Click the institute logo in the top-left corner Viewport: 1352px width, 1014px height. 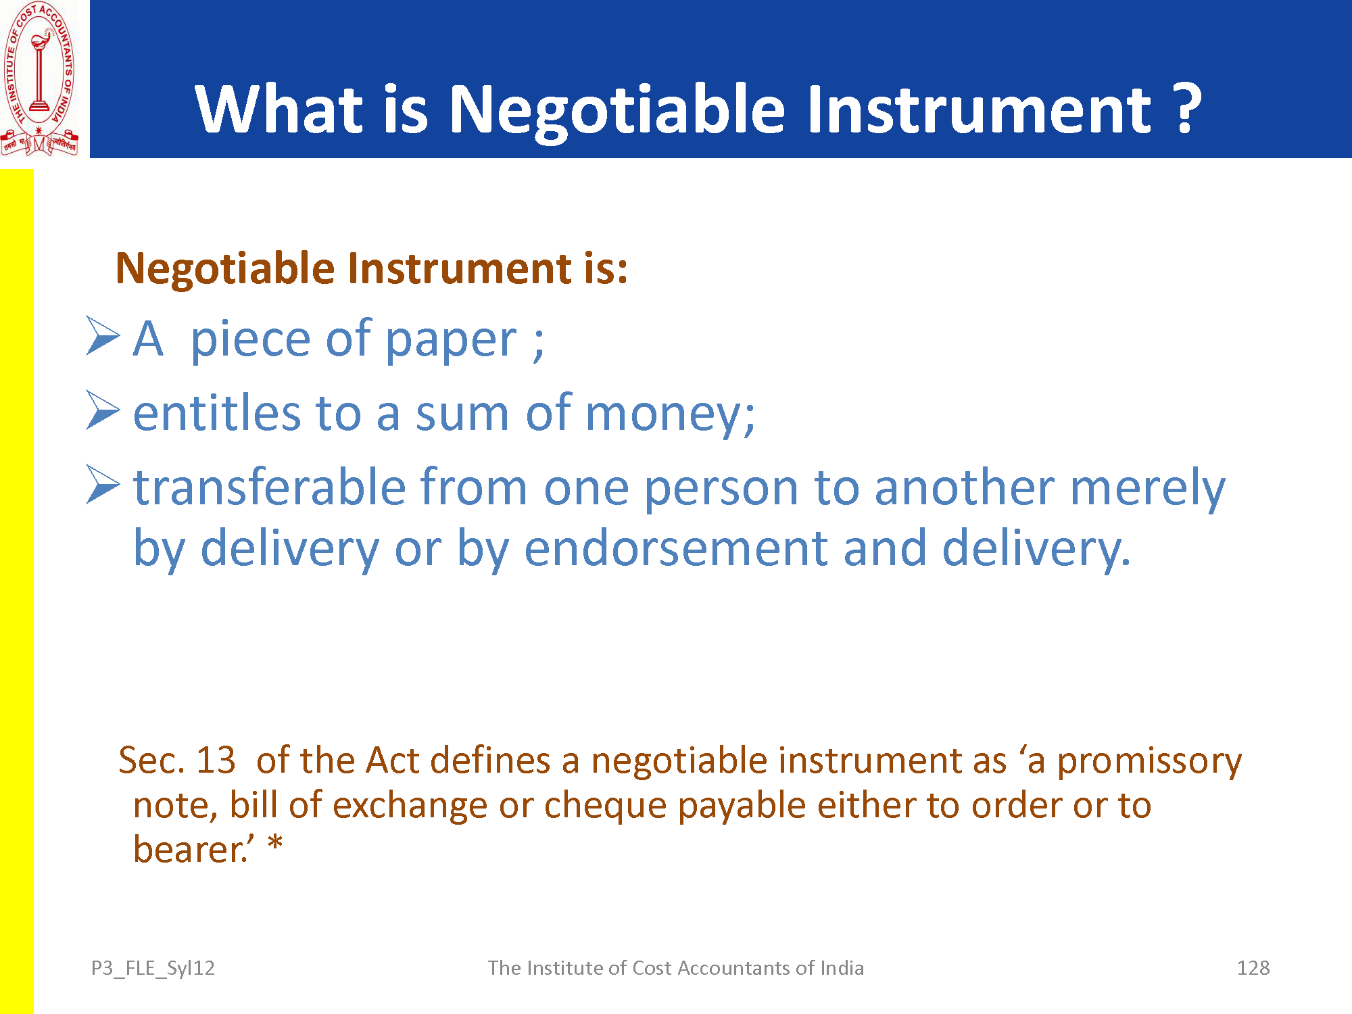(x=39, y=78)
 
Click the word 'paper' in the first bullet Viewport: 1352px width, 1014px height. (x=451, y=342)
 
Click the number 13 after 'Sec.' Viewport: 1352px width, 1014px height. (x=215, y=760)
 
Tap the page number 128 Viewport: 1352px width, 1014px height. (x=1253, y=968)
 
